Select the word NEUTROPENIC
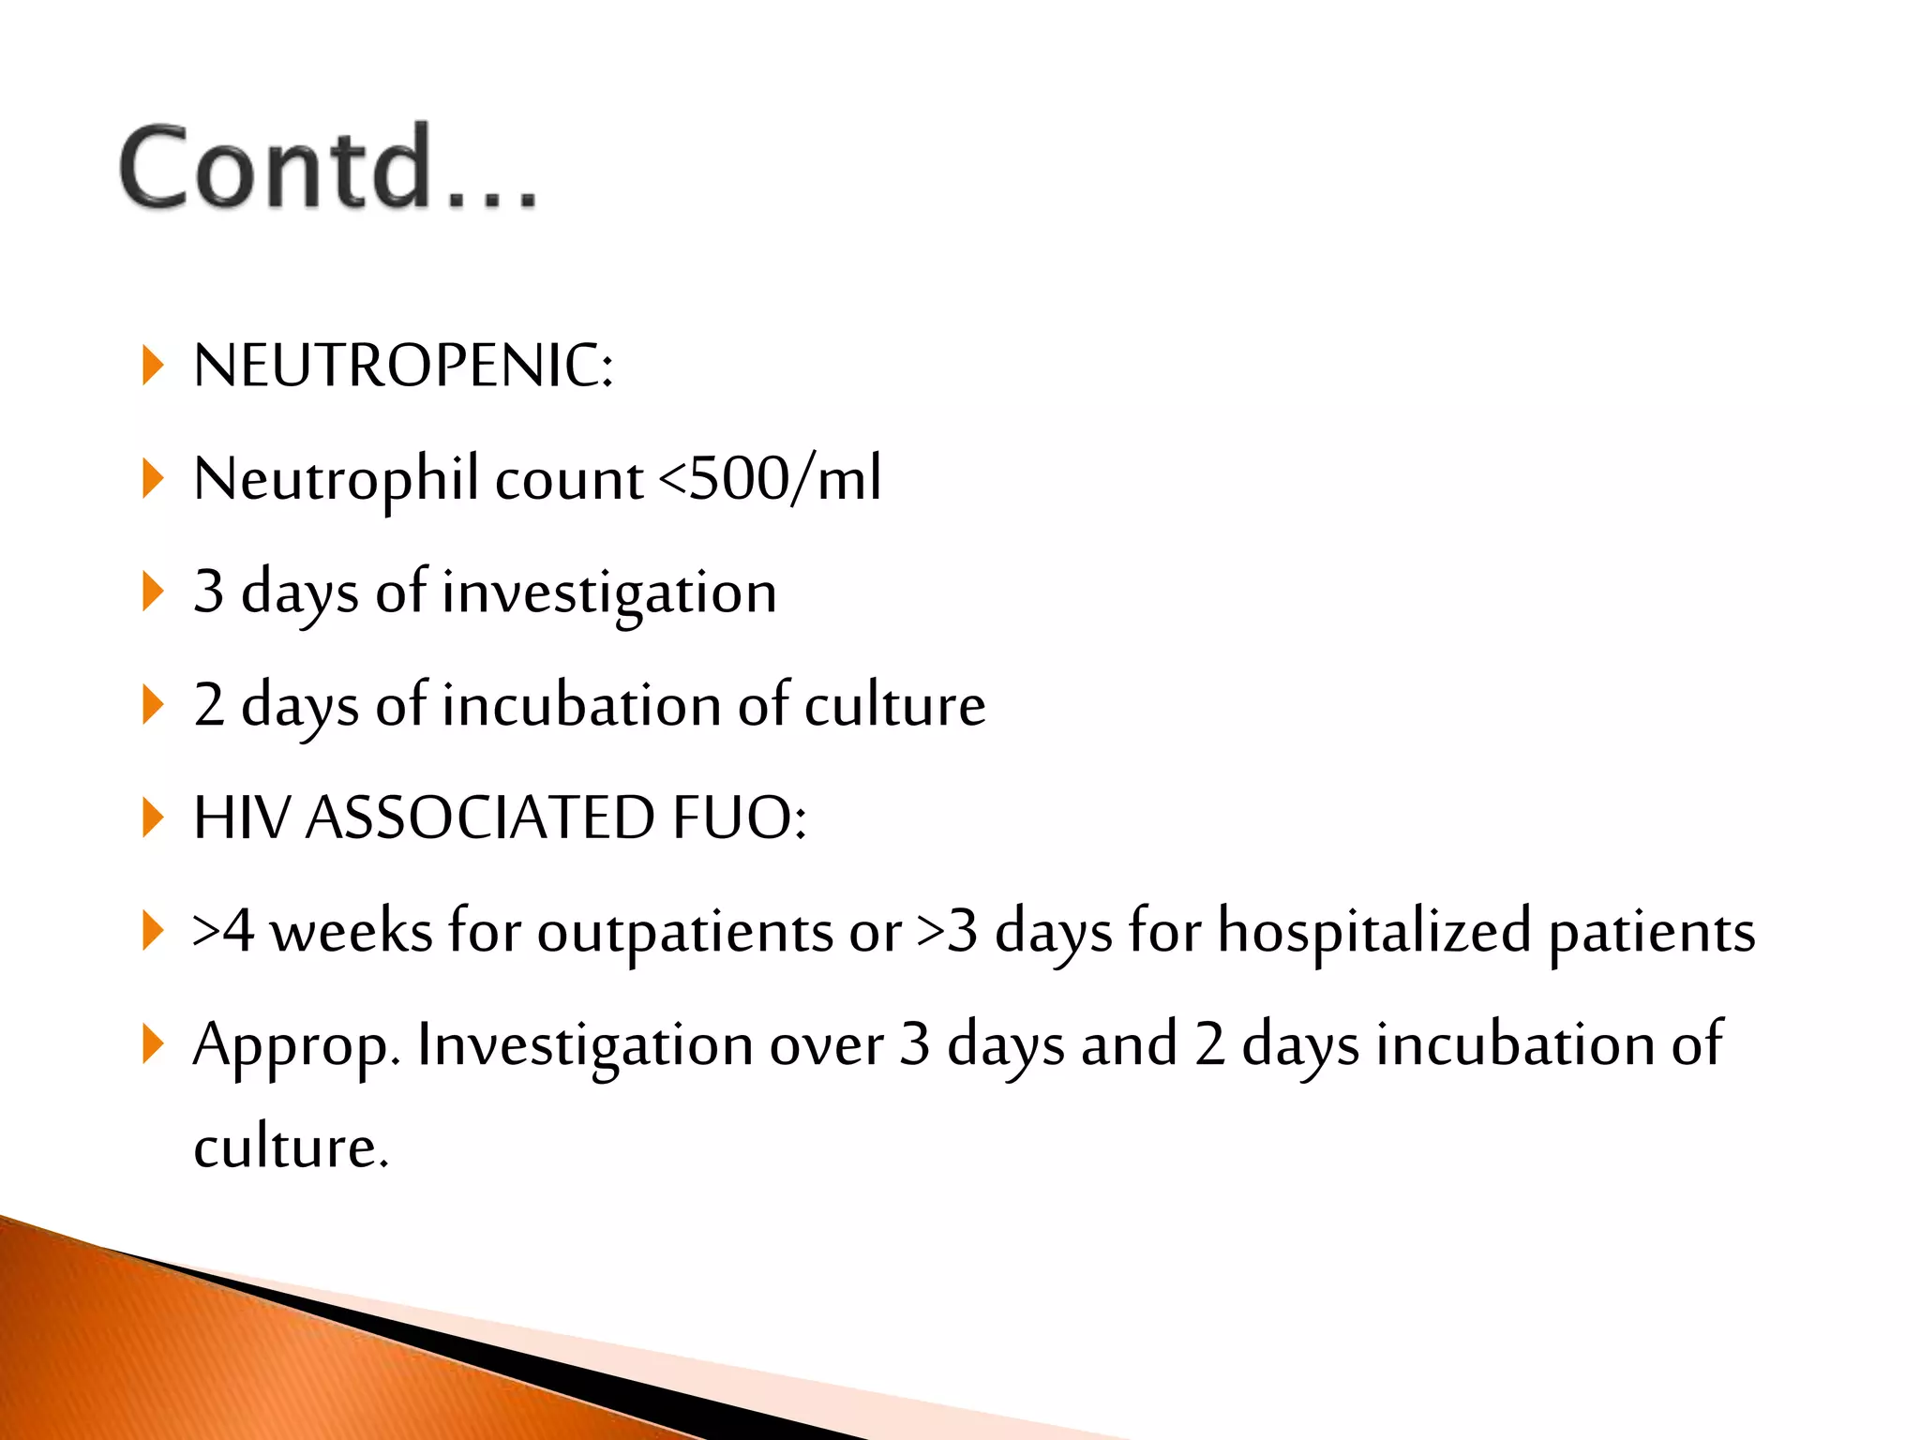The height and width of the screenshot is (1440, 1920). [x=403, y=366]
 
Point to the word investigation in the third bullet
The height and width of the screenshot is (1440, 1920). [x=609, y=593]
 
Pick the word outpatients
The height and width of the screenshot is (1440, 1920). [x=684, y=932]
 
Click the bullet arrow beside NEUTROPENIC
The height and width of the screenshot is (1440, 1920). [x=152, y=366]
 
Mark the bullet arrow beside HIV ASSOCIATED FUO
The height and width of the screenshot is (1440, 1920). [x=152, y=817]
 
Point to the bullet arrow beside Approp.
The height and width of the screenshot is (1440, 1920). [x=152, y=1044]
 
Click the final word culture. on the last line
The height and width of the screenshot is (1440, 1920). [x=291, y=1147]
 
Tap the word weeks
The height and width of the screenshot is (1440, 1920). [x=352, y=932]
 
